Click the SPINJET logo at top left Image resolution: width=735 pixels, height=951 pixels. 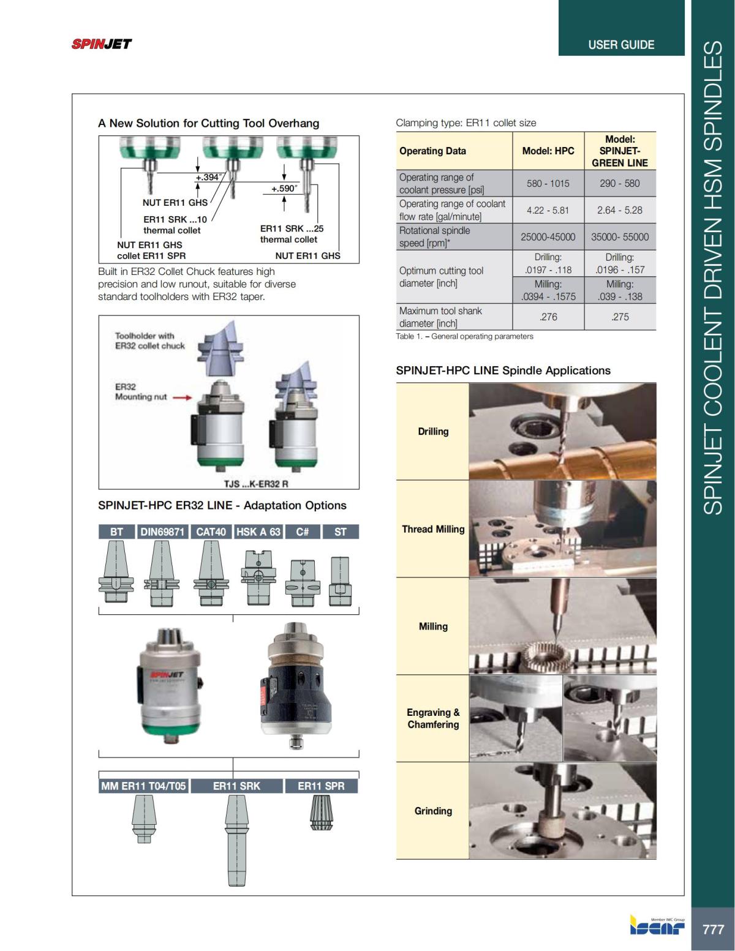coord(102,44)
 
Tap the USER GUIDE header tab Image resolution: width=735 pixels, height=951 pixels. coord(620,45)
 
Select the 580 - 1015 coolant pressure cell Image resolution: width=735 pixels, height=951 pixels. coord(548,183)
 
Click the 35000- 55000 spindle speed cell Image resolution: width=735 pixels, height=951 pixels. coord(619,237)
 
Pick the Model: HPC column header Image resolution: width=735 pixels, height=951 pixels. coord(548,151)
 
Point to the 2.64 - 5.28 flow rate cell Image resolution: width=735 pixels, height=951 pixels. coord(619,210)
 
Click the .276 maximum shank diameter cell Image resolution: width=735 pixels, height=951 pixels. coord(548,317)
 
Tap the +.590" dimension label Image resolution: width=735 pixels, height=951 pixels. coord(284,189)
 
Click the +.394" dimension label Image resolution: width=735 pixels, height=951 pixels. coord(208,178)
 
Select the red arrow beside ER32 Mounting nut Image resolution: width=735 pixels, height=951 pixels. coord(182,397)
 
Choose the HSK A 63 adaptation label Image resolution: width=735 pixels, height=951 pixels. coord(258,532)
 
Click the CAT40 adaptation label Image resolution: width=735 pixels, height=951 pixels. coord(211,532)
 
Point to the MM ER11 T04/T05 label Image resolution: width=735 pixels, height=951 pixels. coord(143,786)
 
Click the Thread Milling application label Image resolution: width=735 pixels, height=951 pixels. coord(433,529)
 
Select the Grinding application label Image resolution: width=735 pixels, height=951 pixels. coord(433,811)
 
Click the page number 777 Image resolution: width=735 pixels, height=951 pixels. coord(713,929)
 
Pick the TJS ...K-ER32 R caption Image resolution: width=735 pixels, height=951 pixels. coord(256,484)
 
